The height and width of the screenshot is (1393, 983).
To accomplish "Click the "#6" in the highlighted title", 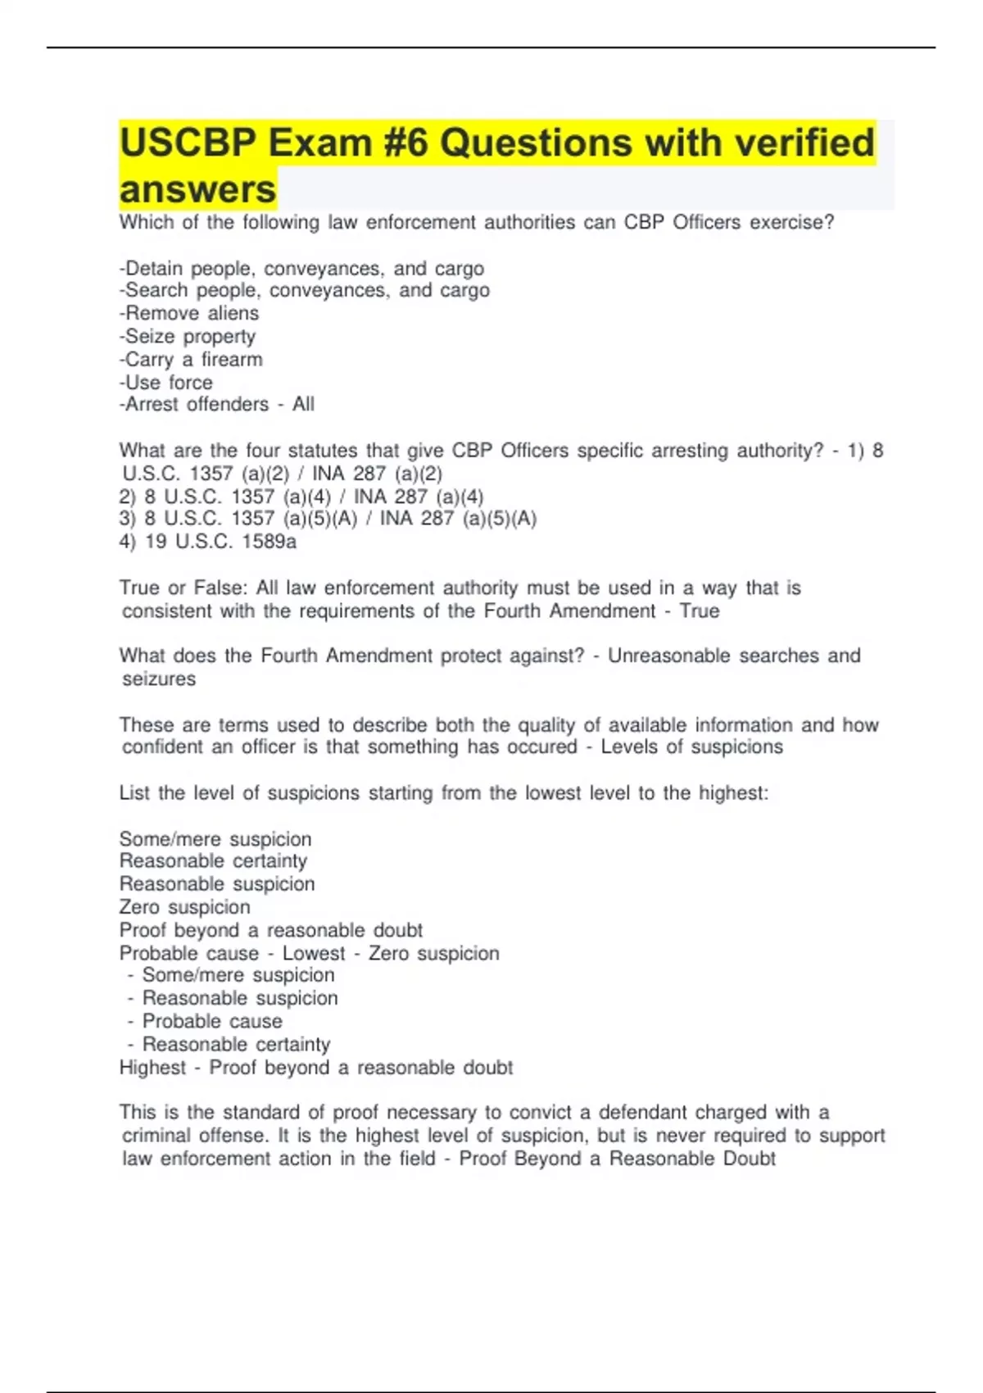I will pyautogui.click(x=401, y=143).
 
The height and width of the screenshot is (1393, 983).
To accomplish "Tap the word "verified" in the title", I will pyautogui.click(x=804, y=143).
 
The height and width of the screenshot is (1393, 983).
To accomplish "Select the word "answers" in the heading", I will pyautogui.click(x=197, y=190).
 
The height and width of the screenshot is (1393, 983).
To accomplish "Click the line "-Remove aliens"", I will pyautogui.click(x=189, y=313).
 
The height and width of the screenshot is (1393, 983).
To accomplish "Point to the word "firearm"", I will pyautogui.click(x=232, y=359).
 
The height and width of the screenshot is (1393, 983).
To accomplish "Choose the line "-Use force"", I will pyautogui.click(x=166, y=382).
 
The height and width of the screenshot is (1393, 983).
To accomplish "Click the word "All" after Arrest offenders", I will pyautogui.click(x=303, y=404).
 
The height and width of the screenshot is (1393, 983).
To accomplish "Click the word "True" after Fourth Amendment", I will pyautogui.click(x=700, y=610).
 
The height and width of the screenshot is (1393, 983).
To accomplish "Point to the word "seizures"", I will pyautogui.click(x=159, y=678).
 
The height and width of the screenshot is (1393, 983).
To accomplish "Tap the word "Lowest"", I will pyautogui.click(x=314, y=953).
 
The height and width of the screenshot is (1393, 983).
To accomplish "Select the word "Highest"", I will pyautogui.click(x=152, y=1067).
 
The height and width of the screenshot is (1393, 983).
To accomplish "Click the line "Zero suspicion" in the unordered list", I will pyautogui.click(x=185, y=907).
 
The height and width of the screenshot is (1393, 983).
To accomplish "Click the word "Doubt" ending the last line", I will pyautogui.click(x=749, y=1158).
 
